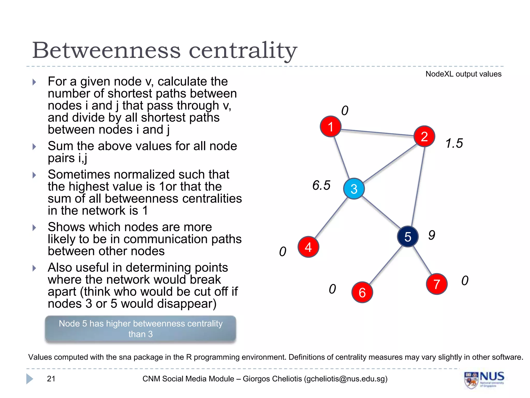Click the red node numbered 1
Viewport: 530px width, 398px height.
(330, 126)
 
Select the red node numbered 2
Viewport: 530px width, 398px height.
(424, 136)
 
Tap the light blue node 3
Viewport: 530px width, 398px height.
(354, 189)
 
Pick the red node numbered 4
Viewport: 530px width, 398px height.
(308, 247)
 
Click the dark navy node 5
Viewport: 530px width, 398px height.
(408, 237)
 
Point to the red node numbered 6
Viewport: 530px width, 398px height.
(362, 292)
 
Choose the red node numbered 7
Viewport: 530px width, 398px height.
(437, 284)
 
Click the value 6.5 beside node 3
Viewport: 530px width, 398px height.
(321, 185)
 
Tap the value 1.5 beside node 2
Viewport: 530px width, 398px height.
(454, 143)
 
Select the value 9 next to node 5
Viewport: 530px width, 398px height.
(431, 235)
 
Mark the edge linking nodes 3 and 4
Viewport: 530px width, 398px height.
(331, 218)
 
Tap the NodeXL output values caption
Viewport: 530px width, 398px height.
(463, 74)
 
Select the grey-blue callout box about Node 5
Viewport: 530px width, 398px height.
(141, 329)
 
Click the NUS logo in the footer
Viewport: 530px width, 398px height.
(484, 379)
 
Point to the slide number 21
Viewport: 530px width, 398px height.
(51, 379)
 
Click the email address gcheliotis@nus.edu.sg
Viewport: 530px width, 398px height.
(345, 379)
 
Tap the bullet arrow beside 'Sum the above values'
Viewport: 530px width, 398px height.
(34, 147)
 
